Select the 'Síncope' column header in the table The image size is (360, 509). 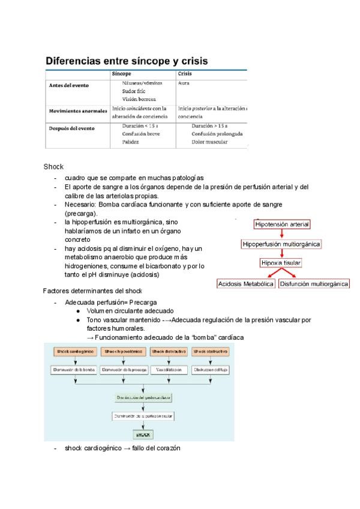point(130,74)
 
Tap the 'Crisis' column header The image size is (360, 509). point(185,74)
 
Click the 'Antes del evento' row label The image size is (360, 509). point(68,85)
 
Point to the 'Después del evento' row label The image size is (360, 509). point(71,127)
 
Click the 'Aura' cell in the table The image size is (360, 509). point(184,83)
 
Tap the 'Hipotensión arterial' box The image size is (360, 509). point(282,225)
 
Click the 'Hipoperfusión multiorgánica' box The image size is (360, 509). point(281,244)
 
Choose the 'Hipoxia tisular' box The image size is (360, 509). point(281,264)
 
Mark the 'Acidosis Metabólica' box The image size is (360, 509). point(246,283)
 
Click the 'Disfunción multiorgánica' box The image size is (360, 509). point(314,283)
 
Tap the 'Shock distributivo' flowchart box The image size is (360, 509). point(169,351)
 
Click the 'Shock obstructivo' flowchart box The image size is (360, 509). point(210,351)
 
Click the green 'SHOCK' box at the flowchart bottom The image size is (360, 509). point(142,434)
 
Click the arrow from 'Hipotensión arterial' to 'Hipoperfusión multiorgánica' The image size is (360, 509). point(281,235)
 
